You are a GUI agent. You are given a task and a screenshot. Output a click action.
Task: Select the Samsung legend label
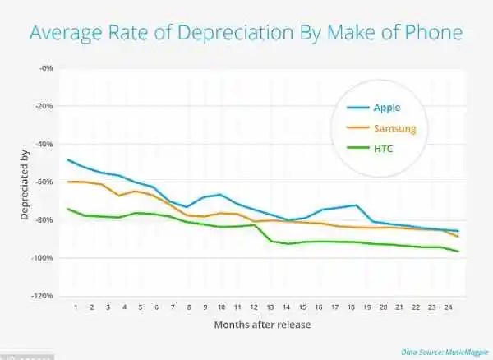[395, 128]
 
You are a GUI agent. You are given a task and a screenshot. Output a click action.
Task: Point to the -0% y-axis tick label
[46, 68]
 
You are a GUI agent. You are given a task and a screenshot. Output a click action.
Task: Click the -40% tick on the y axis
[44, 144]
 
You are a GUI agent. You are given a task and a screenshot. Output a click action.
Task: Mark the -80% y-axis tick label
[44, 220]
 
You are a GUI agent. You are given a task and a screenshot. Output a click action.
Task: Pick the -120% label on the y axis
[43, 296]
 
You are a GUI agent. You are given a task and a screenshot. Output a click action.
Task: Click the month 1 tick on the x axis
[76, 308]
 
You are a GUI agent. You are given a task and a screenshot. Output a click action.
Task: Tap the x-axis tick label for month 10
[221, 308]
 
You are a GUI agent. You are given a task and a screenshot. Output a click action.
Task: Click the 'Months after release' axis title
[256, 325]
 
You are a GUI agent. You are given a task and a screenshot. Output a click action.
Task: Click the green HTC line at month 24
[458, 251]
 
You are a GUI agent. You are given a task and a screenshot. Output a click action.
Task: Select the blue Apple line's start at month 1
[68, 159]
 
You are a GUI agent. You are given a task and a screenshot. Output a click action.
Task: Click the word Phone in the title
[433, 34]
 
